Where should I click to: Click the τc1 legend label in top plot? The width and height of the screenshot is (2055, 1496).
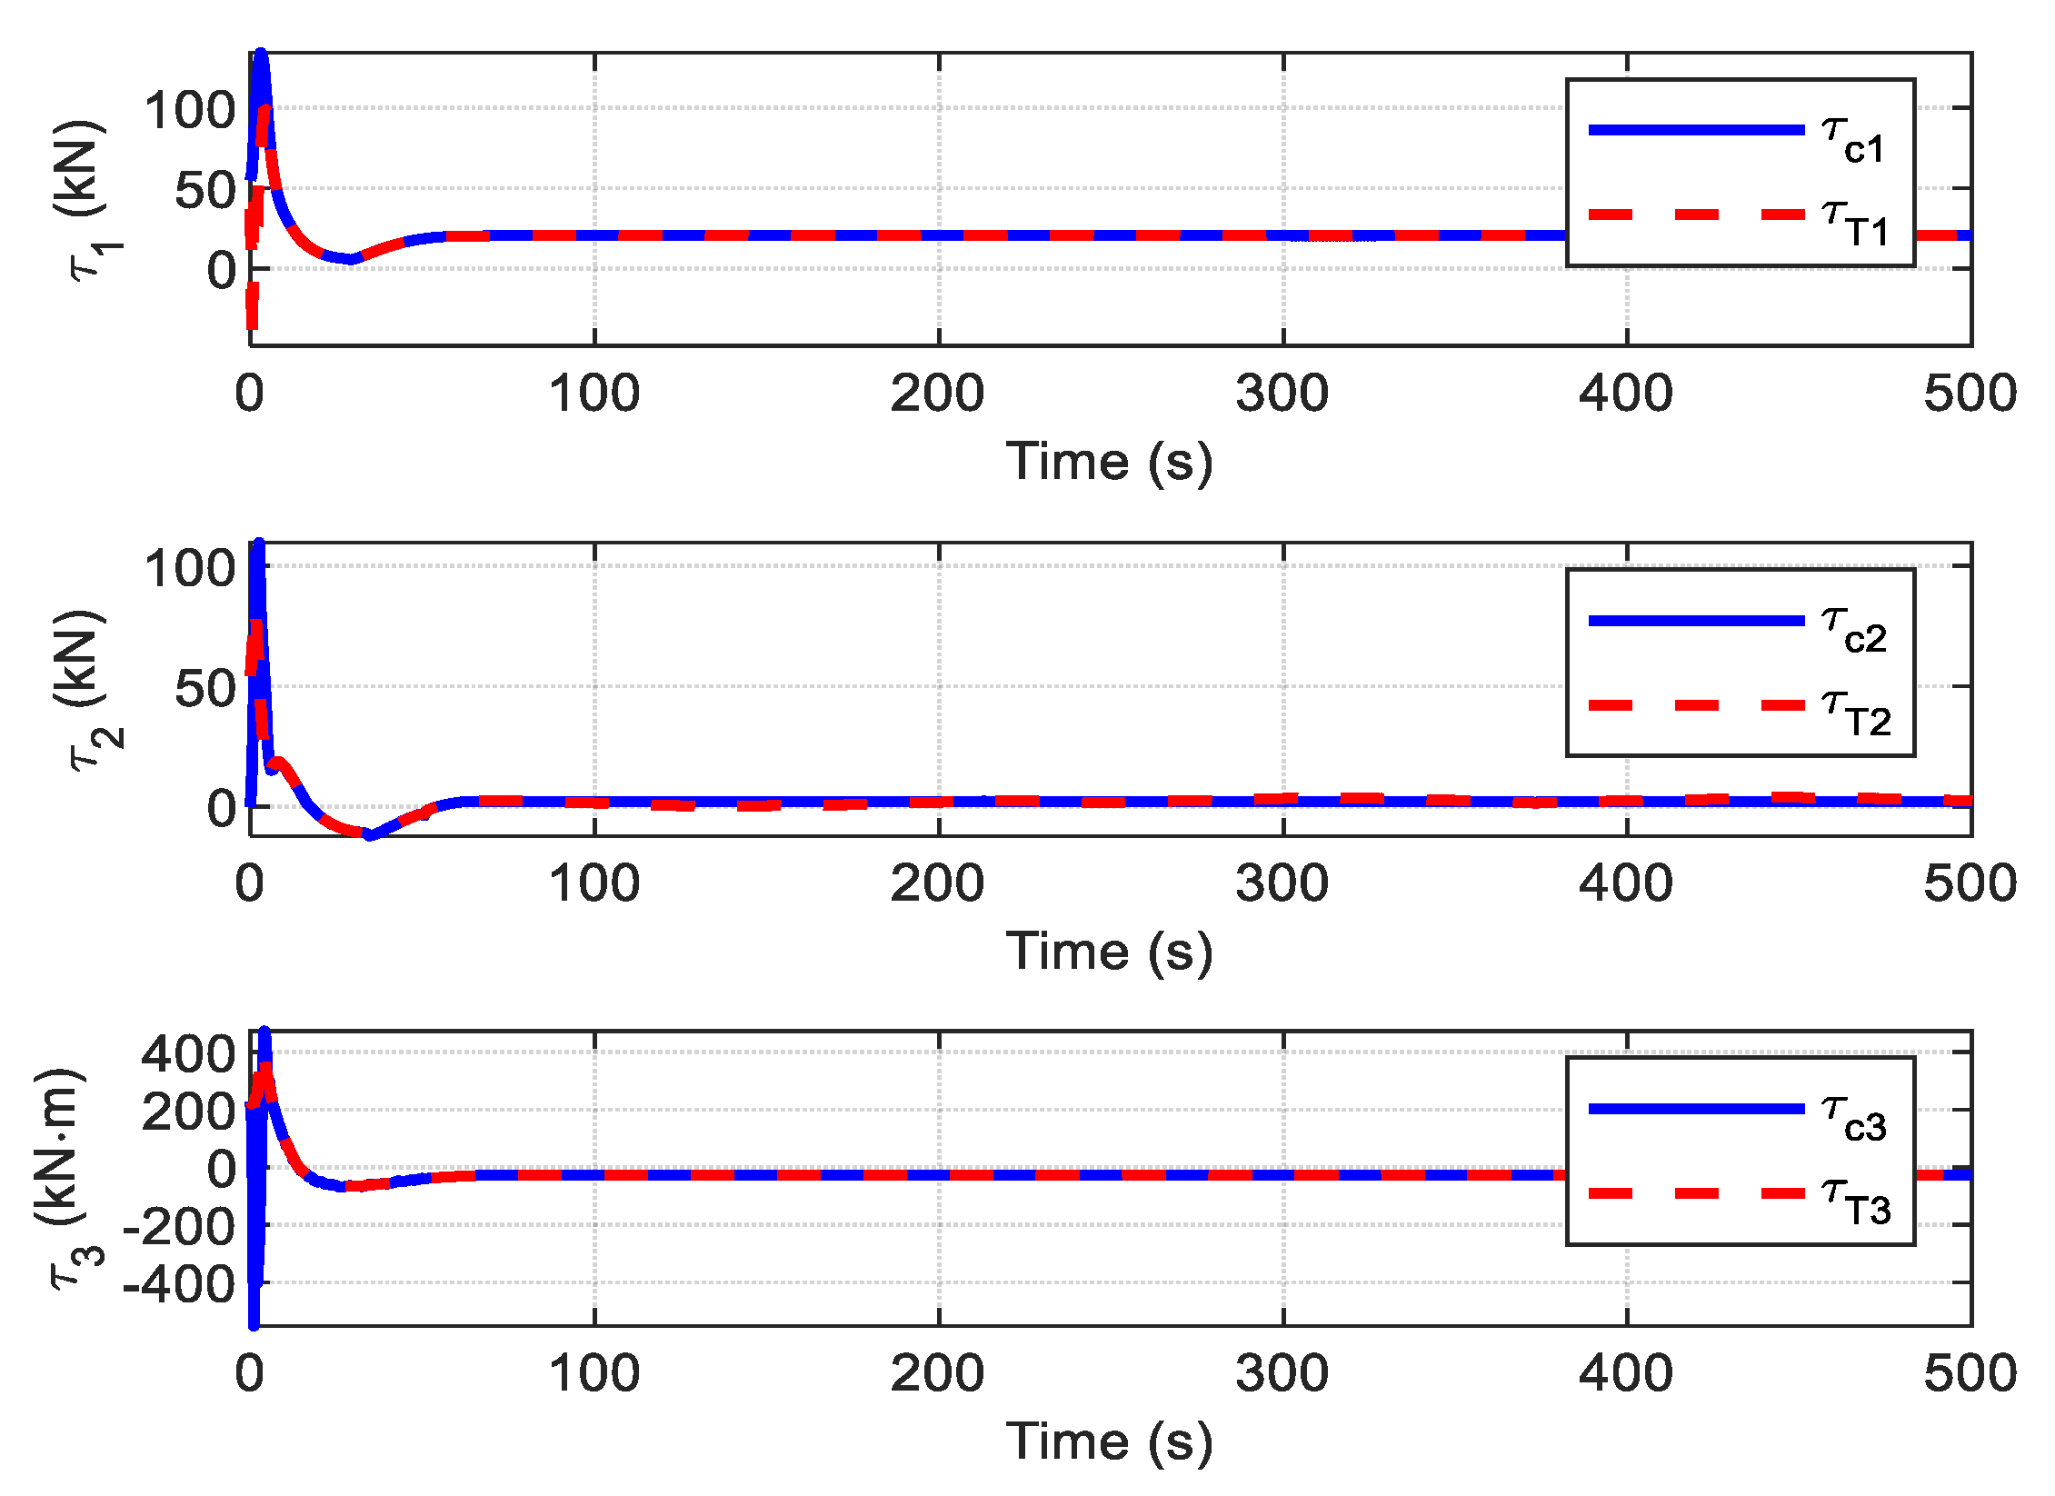pyautogui.click(x=1854, y=141)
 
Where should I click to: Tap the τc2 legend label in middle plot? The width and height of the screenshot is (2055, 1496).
pyautogui.click(x=1854, y=631)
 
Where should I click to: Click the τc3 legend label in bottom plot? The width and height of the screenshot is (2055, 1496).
pyautogui.click(x=1854, y=1119)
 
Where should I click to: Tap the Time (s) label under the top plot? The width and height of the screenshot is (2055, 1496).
pyautogui.click(x=1109, y=462)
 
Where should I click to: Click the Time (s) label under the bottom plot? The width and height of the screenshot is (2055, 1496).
pyautogui.click(x=1109, y=1441)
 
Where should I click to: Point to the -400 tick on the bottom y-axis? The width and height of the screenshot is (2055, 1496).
pyautogui.click(x=179, y=1284)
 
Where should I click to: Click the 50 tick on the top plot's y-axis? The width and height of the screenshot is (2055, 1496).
pyautogui.click(x=205, y=192)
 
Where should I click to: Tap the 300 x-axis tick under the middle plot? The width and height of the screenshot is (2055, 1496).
pyautogui.click(x=1282, y=883)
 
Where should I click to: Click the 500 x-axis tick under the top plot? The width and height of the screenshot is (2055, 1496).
pyautogui.click(x=1970, y=394)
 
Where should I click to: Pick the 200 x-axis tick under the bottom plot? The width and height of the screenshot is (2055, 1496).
pyautogui.click(x=937, y=1373)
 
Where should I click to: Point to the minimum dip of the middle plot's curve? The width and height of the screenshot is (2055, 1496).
pyautogui.click(x=368, y=834)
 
